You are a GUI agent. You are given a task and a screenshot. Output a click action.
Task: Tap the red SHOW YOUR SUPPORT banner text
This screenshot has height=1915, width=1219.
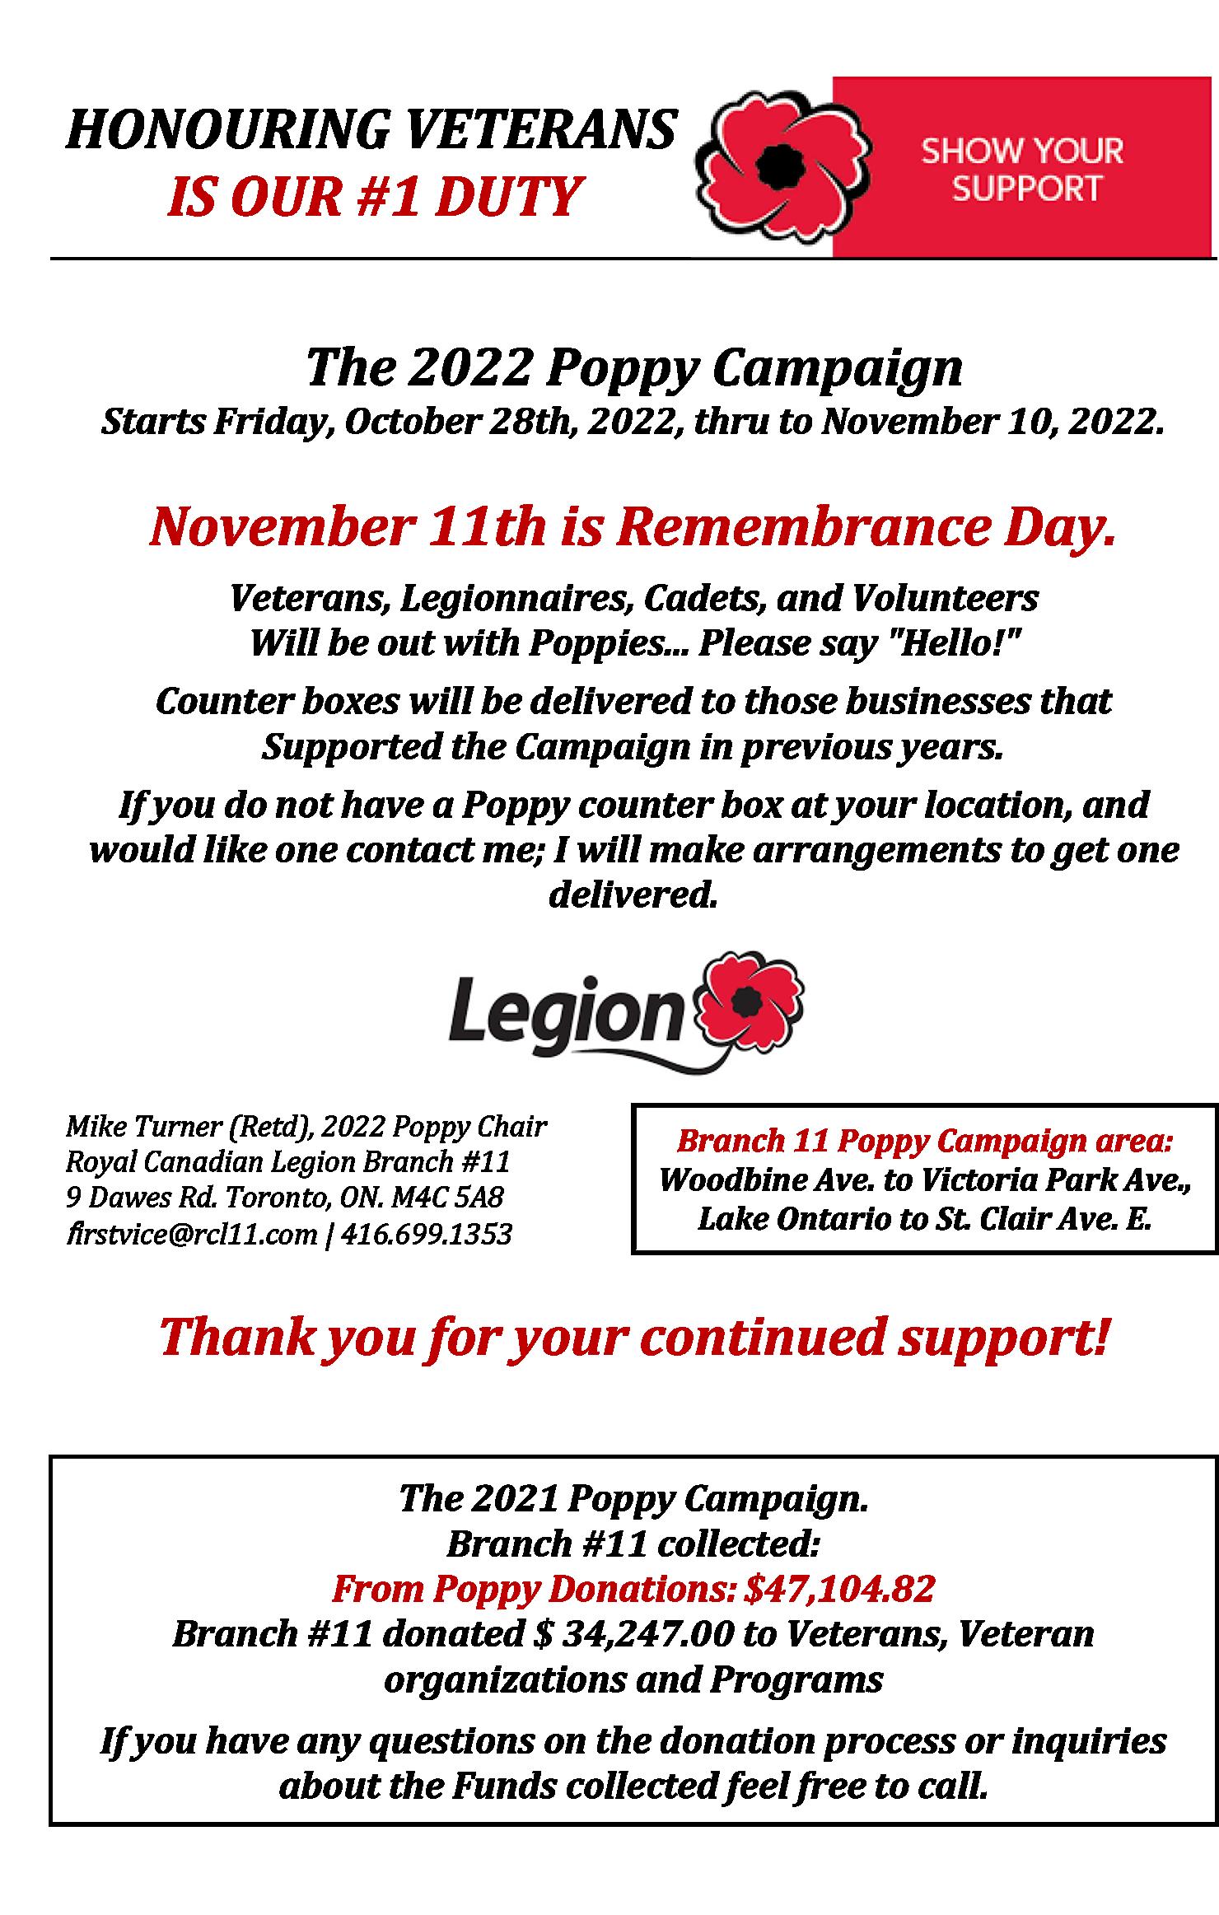pyautogui.click(x=1022, y=170)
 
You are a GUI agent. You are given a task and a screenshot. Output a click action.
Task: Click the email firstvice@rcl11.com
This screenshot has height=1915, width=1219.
pyautogui.click(x=191, y=1235)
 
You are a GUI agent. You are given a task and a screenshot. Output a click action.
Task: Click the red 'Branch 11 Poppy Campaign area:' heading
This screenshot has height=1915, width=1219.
pyautogui.click(x=924, y=1142)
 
